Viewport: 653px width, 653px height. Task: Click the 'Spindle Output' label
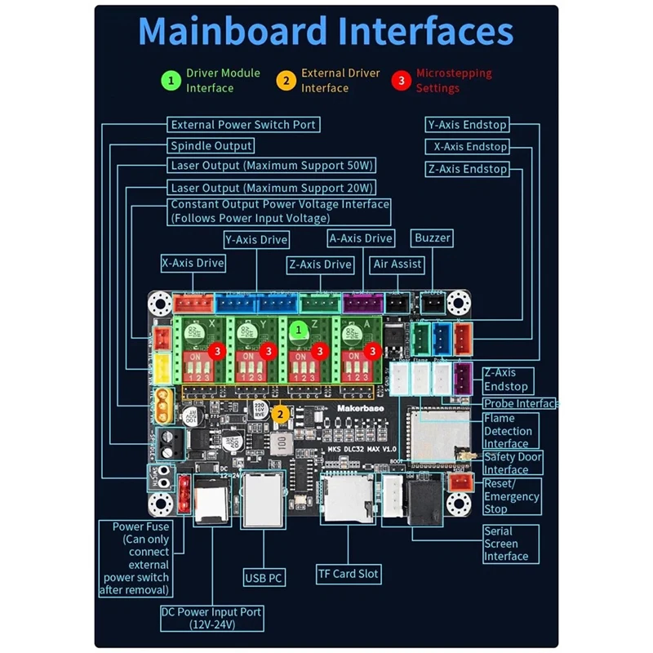(211, 146)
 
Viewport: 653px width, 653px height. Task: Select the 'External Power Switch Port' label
(242, 125)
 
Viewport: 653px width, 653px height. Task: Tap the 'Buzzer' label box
(433, 238)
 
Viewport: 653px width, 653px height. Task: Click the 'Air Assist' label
(397, 264)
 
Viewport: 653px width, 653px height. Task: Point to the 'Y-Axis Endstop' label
(468, 125)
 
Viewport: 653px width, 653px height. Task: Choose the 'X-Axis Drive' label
(193, 264)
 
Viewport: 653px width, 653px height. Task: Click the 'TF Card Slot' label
(349, 574)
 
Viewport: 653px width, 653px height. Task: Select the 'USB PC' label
(264, 578)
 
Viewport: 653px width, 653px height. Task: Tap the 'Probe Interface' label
(520, 403)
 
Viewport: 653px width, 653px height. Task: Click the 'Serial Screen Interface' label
(506, 543)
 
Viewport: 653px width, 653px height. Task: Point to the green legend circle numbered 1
(171, 80)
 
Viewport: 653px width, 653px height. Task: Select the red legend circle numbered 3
(401, 80)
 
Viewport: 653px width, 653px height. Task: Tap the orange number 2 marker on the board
(280, 414)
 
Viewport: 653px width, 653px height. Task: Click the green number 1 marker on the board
(299, 328)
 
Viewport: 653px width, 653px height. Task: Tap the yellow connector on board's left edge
(163, 366)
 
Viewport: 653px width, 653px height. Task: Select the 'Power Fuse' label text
(141, 526)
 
